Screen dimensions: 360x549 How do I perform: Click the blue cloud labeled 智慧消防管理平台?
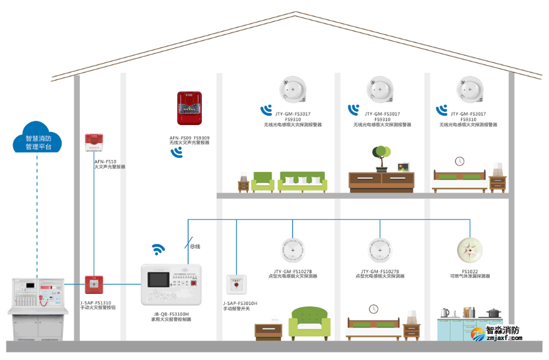(x=37, y=139)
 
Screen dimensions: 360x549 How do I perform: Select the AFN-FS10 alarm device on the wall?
(x=94, y=143)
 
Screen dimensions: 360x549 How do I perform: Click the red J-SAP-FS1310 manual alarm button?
(x=94, y=284)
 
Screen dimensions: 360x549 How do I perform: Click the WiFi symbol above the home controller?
(x=159, y=249)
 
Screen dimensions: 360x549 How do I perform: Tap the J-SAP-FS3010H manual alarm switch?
(x=235, y=284)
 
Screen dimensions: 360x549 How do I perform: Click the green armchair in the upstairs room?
(x=262, y=182)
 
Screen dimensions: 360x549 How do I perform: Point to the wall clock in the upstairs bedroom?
(x=460, y=161)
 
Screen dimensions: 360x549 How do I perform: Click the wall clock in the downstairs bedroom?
(x=373, y=309)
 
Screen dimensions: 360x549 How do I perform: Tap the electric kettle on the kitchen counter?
(x=445, y=312)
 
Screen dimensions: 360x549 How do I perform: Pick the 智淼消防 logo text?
(x=502, y=331)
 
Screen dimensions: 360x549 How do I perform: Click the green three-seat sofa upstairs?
(x=303, y=182)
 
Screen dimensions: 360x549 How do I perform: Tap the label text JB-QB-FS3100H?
(x=171, y=314)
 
